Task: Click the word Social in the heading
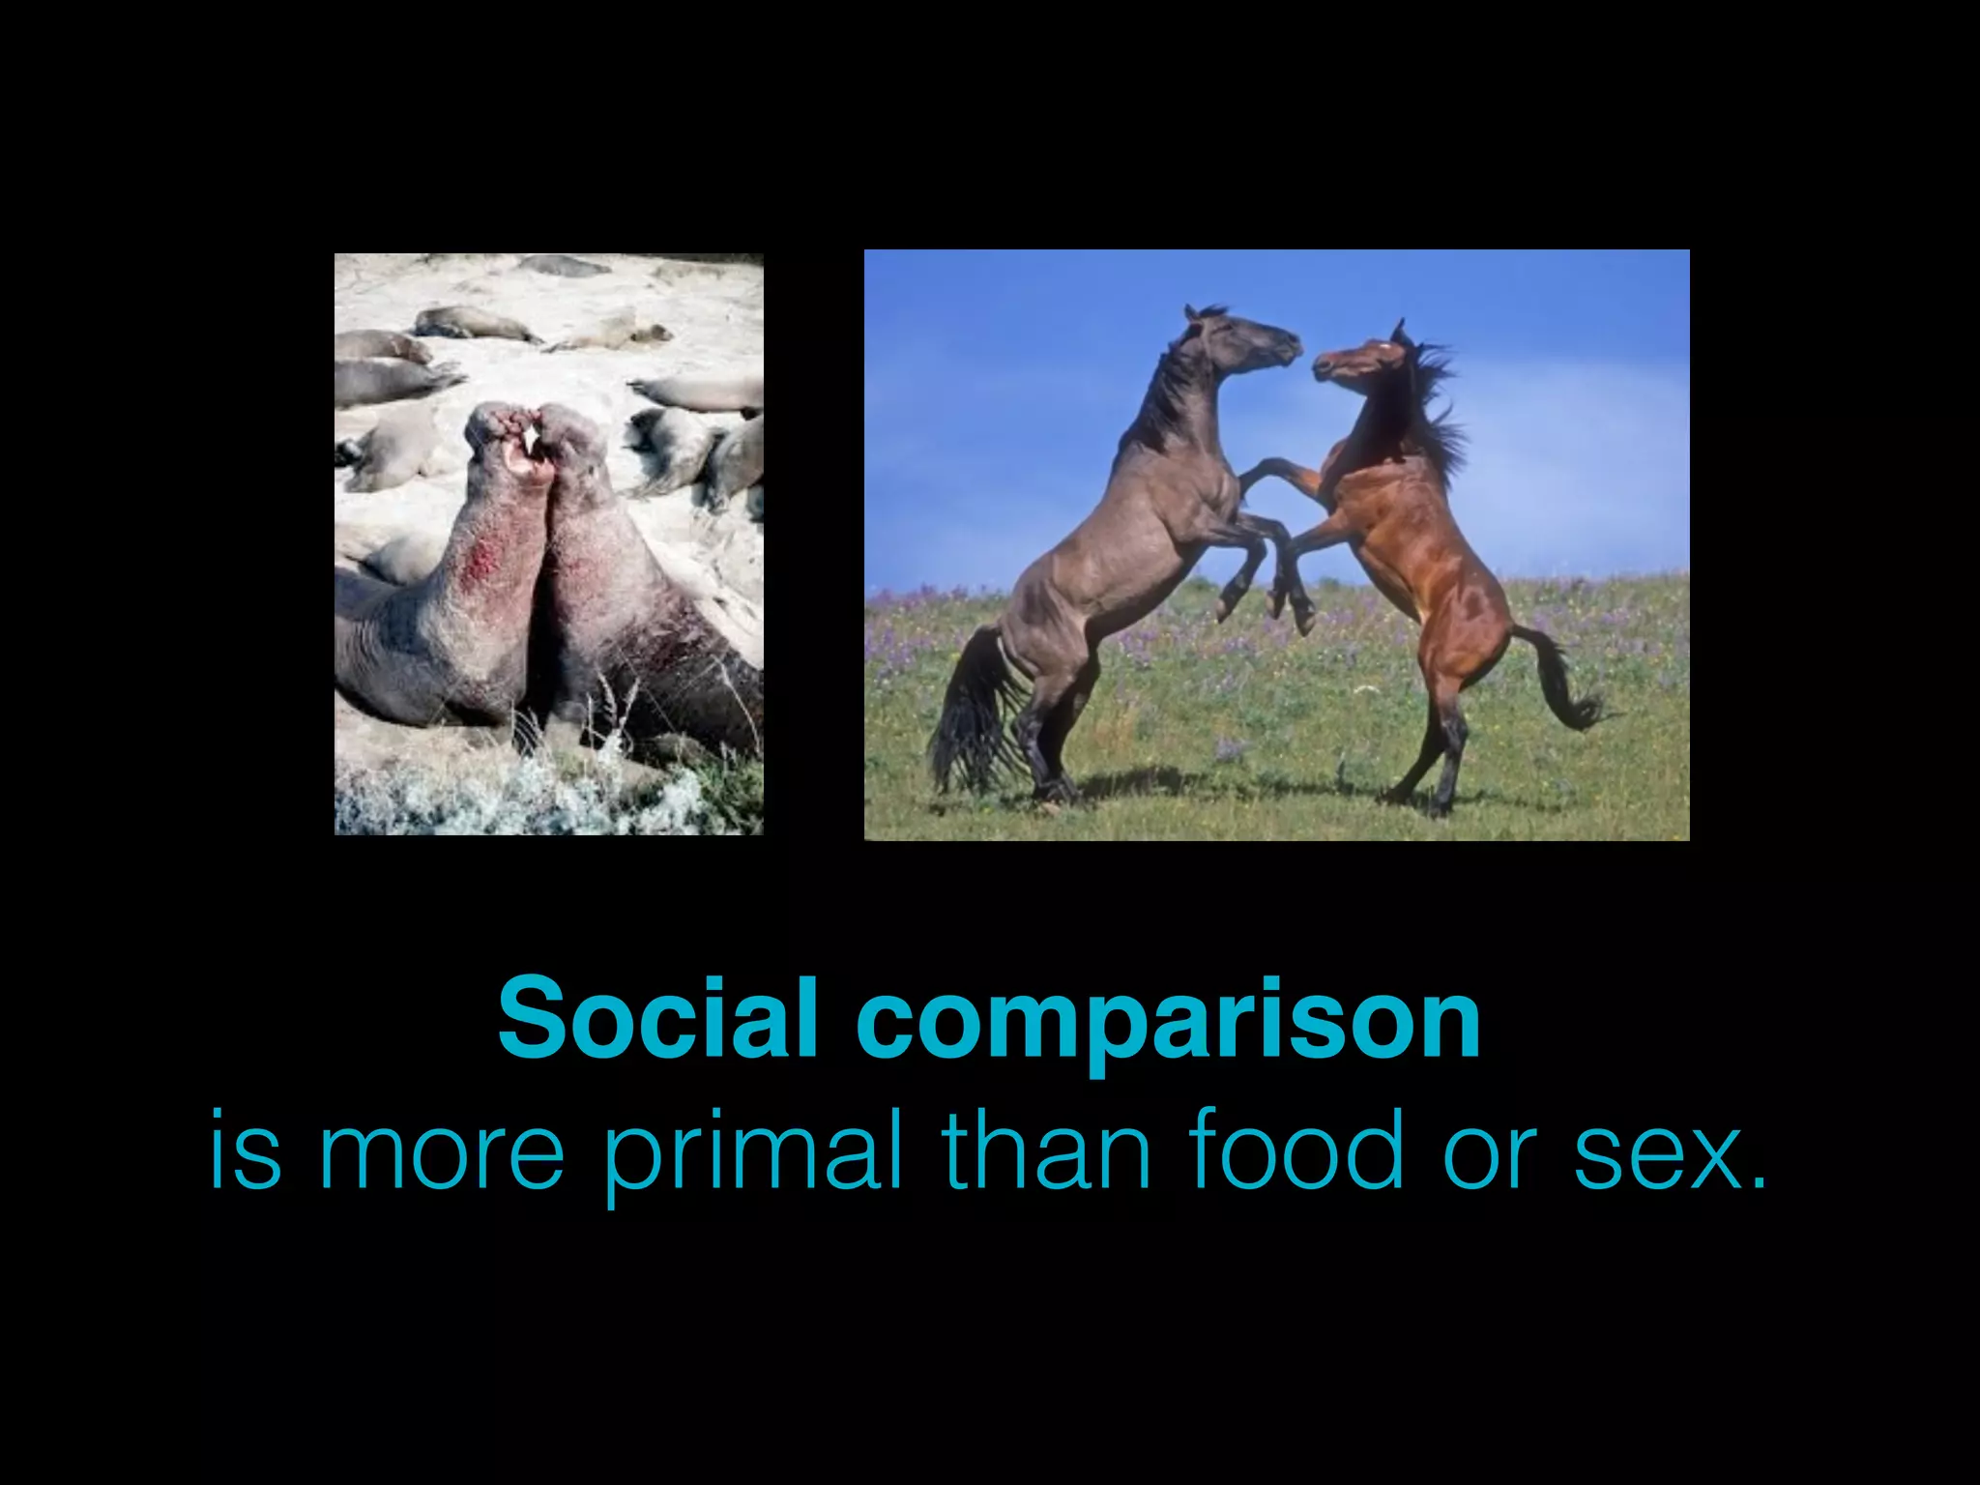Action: [x=658, y=1018]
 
